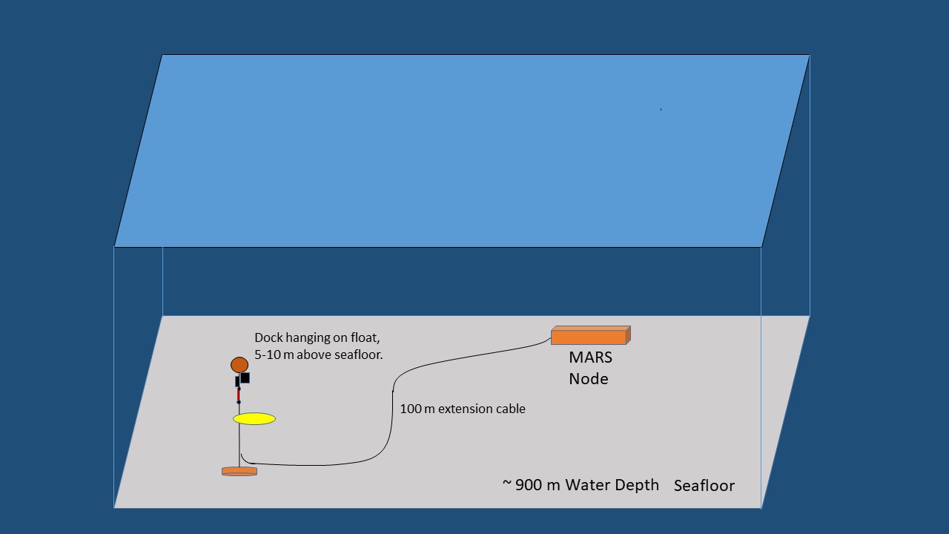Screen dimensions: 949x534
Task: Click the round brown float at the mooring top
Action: (239, 365)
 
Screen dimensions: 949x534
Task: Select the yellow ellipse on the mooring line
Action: (254, 419)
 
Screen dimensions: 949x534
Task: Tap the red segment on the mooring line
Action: (238, 395)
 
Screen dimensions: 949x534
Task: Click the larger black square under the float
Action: (245, 378)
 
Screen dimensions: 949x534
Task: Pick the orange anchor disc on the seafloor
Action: (239, 471)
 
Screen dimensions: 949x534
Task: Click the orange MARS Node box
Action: (591, 335)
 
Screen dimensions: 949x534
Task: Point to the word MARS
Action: (590, 357)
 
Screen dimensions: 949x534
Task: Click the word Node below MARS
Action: (589, 378)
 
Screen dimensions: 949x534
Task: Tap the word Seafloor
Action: (704, 486)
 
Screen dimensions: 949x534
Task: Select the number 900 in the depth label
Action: (529, 485)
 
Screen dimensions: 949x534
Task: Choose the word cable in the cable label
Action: (510, 409)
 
